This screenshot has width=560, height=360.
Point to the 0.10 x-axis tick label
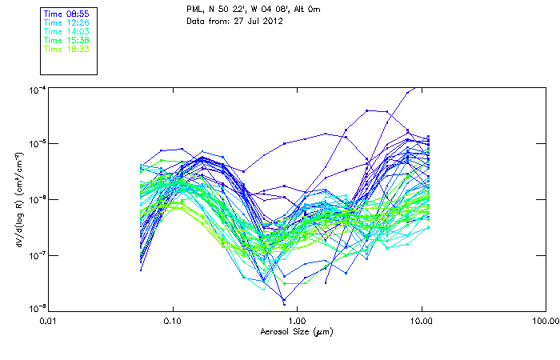[173, 322]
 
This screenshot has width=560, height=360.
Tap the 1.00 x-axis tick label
[297, 322]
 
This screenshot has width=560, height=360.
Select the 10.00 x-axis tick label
[421, 322]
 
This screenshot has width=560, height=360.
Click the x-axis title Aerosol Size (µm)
[296, 331]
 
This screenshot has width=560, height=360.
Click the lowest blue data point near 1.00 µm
[283, 303]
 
